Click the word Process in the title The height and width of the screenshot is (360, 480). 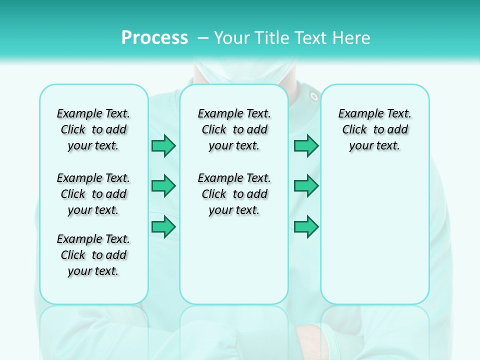pos(154,38)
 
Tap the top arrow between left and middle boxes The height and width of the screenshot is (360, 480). pos(163,146)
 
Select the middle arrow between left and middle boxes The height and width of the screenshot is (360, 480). pos(163,186)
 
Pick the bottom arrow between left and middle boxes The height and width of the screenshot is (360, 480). pos(163,227)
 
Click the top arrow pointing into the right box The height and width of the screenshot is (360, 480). pos(306,146)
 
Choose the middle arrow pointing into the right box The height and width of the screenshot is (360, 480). pos(306,186)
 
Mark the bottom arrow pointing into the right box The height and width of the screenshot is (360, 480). pos(306,227)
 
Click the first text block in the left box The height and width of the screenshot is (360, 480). pos(93,129)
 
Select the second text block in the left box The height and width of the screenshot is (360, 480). pos(93,194)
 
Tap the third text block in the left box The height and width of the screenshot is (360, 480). pos(93,255)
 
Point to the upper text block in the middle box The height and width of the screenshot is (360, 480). pos(234,129)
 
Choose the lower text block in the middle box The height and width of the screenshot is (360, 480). pos(234,194)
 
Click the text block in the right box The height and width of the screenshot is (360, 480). pos(374,129)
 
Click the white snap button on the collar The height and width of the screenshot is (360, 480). pos(313,96)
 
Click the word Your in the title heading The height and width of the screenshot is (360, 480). pos(232,38)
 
